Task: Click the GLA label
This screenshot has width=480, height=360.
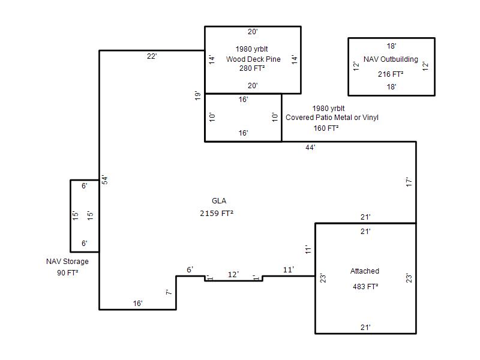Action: tap(219, 201)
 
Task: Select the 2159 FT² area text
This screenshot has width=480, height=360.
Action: tap(217, 213)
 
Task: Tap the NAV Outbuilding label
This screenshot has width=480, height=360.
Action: tap(391, 59)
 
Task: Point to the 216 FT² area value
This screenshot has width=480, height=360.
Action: tap(391, 74)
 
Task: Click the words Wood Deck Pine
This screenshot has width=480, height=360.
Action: tap(253, 59)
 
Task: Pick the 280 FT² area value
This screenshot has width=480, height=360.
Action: tap(252, 68)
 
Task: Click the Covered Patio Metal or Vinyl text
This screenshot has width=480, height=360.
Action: tap(332, 118)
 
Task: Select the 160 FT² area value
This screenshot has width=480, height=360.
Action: tap(326, 128)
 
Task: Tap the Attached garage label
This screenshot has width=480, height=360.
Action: tap(365, 271)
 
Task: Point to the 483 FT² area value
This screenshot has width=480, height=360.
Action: tap(365, 287)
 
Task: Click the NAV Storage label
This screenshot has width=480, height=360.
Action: tap(67, 262)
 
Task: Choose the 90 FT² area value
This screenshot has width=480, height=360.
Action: tap(67, 272)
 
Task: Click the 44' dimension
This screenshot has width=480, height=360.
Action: tap(310, 148)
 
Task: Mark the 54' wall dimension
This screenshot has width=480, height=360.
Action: tap(104, 179)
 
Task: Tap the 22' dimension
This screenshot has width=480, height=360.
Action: tap(152, 56)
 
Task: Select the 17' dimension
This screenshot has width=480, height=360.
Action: tap(409, 182)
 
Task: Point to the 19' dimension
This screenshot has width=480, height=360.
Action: tap(198, 96)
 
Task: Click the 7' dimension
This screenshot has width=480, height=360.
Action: tap(169, 292)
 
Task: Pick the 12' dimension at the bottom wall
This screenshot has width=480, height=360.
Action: tap(233, 275)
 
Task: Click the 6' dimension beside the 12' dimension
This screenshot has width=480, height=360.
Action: tap(190, 269)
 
